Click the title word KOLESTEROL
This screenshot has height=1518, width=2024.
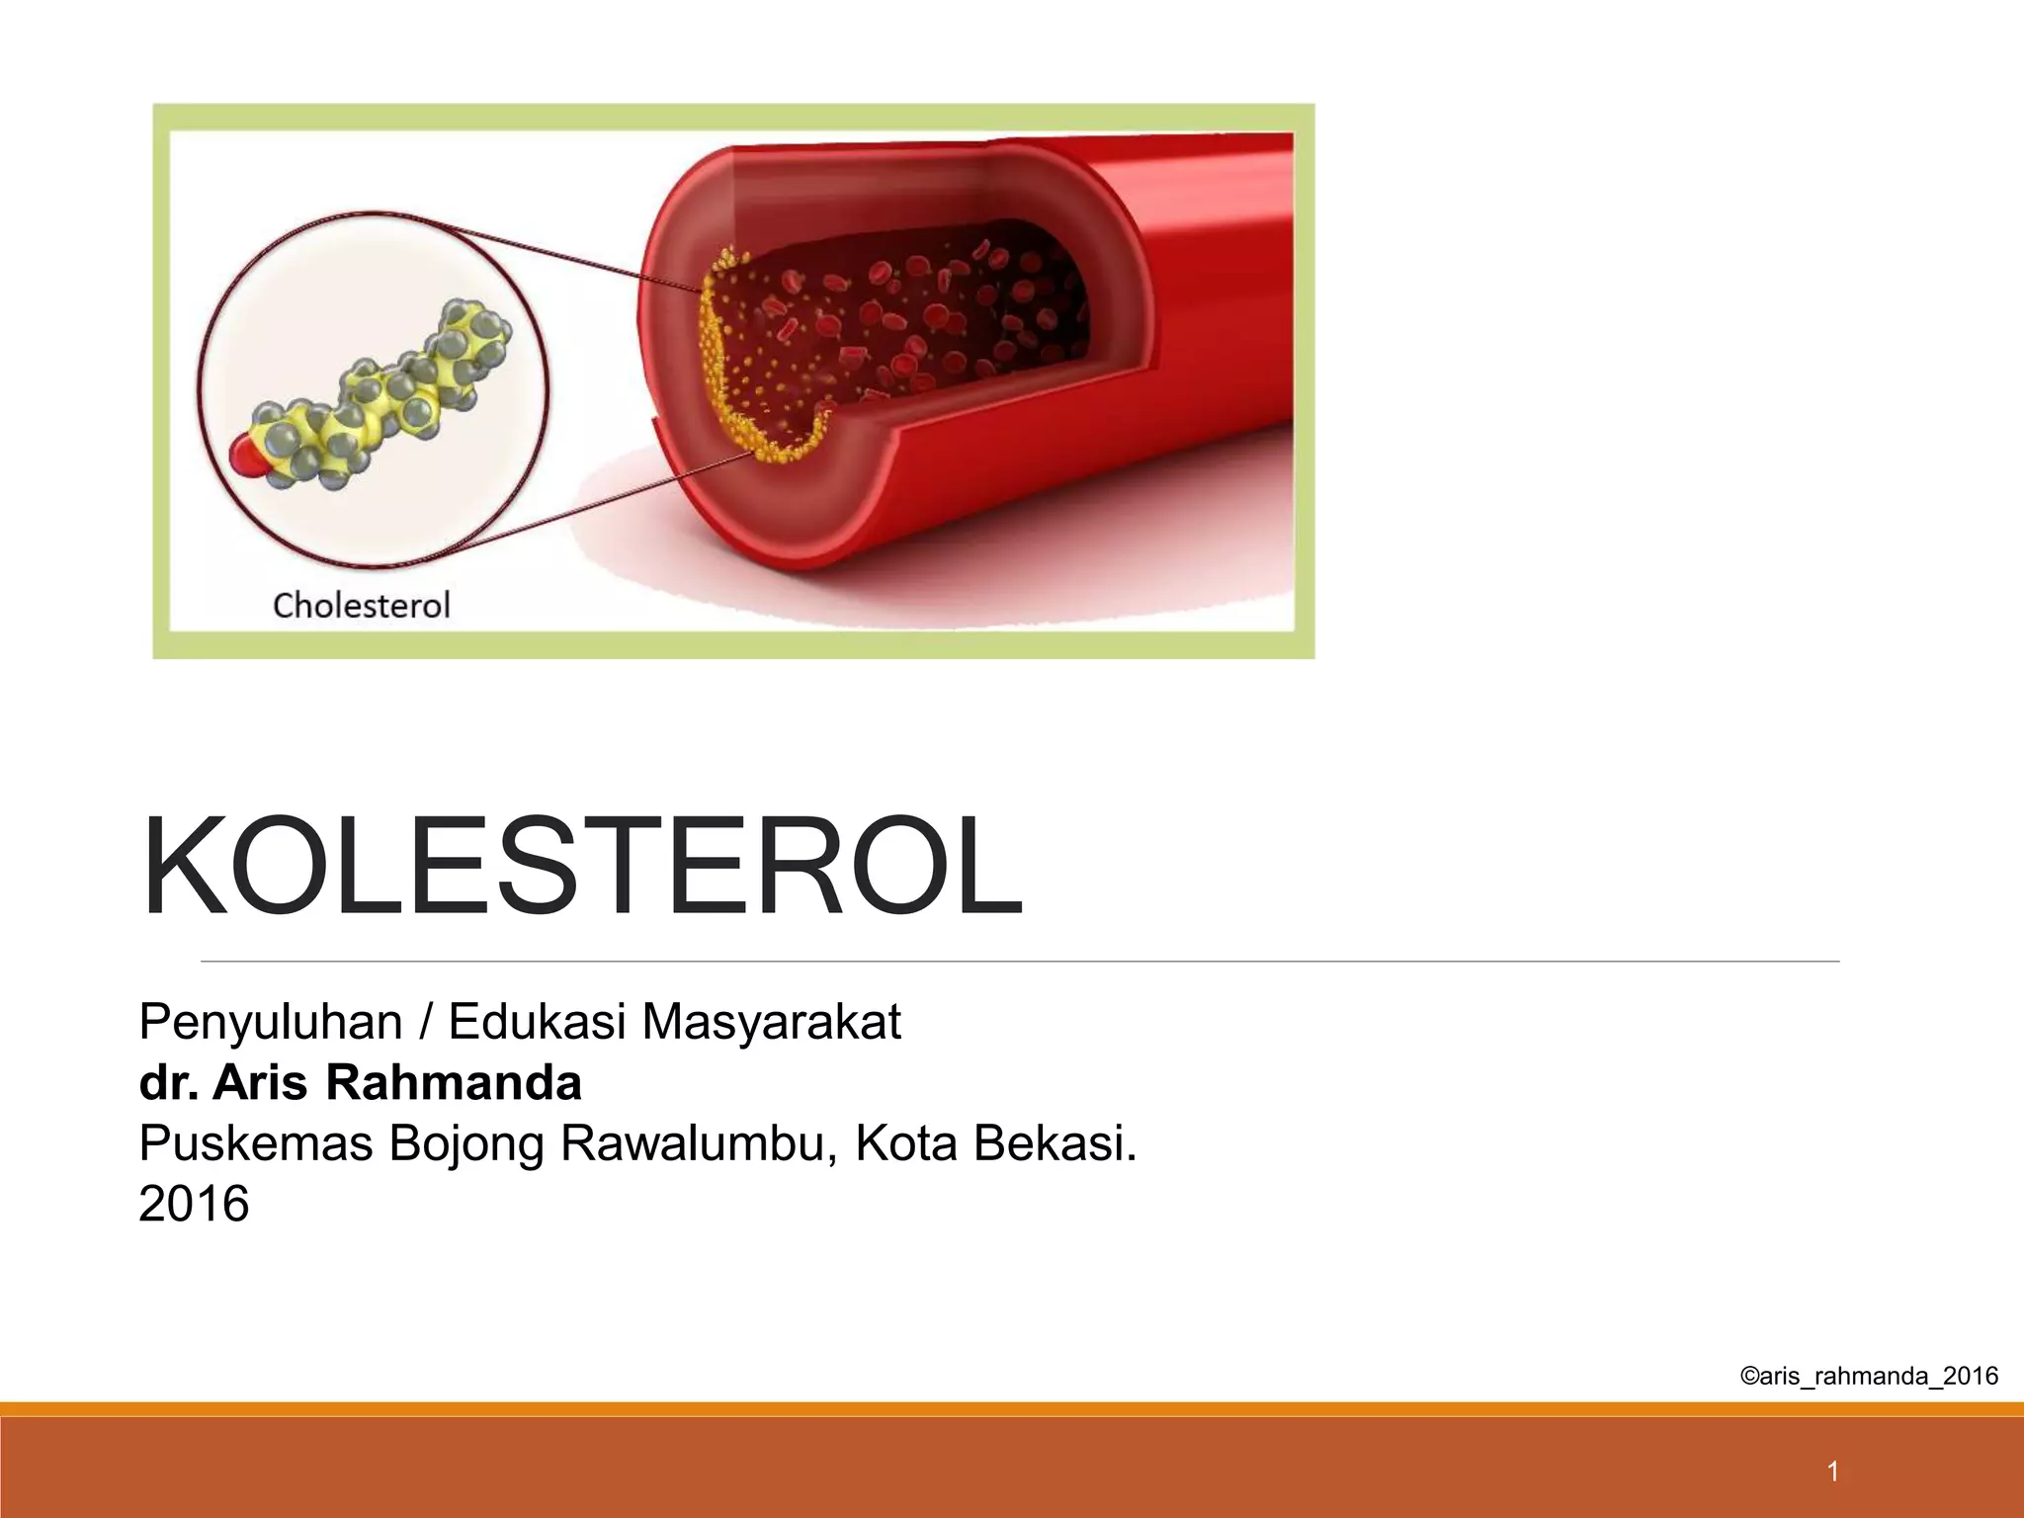581,867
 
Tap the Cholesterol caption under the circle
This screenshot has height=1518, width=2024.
361,605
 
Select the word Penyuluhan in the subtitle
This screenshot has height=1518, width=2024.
270,1022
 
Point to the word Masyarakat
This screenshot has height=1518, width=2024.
771,1022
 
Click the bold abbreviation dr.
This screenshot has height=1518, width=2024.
168,1082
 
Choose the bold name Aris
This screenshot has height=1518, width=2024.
262,1082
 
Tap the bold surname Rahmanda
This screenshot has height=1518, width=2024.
454,1082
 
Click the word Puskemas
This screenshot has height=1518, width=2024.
256,1143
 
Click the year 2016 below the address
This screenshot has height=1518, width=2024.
194,1204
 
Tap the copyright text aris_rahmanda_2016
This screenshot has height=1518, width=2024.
1868,1376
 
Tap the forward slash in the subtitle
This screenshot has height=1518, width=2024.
425,1022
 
